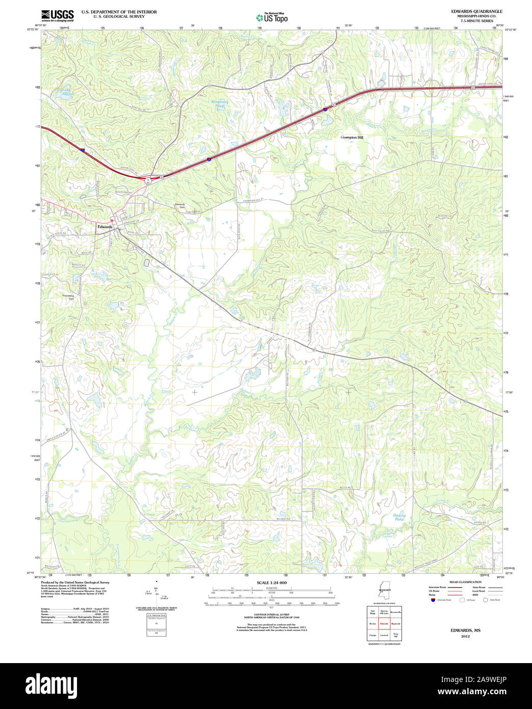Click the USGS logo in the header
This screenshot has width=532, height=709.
coord(57,15)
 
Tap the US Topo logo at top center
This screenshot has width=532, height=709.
coord(272,17)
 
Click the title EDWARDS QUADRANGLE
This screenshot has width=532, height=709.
coord(476,11)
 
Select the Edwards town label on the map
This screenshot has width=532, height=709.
coord(105,226)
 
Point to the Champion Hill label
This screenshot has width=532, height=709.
coord(352,138)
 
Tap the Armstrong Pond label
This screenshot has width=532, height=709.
coord(220,104)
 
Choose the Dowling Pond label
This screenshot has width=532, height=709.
coord(399,517)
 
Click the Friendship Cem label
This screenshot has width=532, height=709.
coord(68,297)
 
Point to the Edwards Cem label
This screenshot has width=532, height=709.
coord(180,206)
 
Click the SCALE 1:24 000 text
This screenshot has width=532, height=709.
coord(271,583)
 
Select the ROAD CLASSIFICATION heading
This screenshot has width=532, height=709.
coord(465,582)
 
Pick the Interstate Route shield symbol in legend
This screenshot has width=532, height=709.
coord(433,600)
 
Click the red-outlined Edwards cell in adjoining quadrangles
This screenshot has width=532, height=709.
coord(384,624)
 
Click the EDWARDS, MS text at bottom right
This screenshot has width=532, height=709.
coord(465,630)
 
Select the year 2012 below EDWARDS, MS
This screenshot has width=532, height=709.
coord(465,637)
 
